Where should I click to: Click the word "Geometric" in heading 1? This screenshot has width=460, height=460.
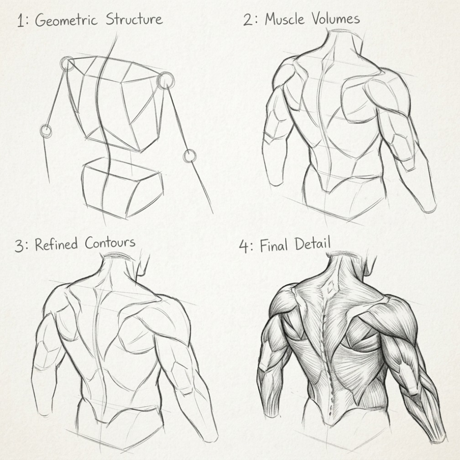point(66,21)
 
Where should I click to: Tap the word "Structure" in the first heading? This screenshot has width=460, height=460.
point(134,19)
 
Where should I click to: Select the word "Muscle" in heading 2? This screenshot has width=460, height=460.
point(285,19)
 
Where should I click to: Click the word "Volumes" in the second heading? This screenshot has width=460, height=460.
point(335,19)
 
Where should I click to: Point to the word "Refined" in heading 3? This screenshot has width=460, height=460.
point(56,245)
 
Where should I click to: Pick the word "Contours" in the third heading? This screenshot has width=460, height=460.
point(110,243)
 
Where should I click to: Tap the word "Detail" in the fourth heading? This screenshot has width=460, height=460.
point(313,244)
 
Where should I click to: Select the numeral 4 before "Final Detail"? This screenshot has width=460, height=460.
point(244,246)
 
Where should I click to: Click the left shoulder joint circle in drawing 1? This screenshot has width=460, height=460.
point(68,63)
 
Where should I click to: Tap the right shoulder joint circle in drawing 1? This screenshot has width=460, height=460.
point(166,80)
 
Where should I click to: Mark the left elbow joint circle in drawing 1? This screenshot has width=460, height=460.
point(46,131)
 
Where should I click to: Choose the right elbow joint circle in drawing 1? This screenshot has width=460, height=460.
point(190,156)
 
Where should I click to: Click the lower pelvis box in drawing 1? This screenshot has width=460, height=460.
point(122,188)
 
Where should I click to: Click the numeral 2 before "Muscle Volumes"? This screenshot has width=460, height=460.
point(248,20)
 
